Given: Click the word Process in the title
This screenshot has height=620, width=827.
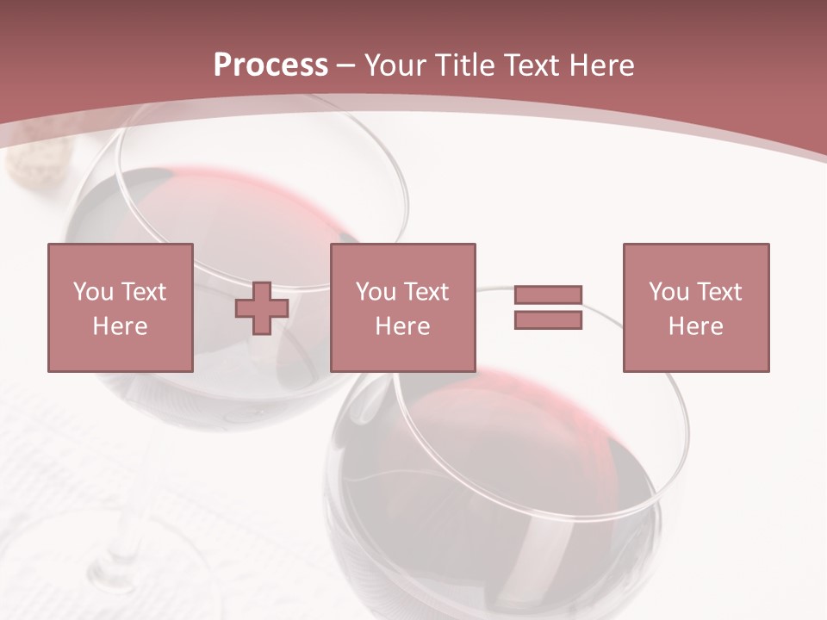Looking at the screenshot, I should coord(270,65).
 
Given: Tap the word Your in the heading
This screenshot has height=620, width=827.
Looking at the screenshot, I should coord(396,65).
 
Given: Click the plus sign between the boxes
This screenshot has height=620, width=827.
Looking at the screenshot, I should coord(262,308).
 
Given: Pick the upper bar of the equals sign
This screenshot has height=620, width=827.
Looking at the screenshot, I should coord(548,295).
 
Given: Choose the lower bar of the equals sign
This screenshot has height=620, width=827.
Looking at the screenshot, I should coord(548,320).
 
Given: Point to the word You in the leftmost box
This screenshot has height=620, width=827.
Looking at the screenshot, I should coord(91,292).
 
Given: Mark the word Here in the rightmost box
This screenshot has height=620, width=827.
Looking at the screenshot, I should coord(695,326).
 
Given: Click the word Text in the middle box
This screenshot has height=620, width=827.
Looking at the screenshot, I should coord(426,292).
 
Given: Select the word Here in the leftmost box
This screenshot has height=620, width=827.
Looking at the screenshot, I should coord(120,326).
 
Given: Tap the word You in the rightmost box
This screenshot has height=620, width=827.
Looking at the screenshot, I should coord(668,292).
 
